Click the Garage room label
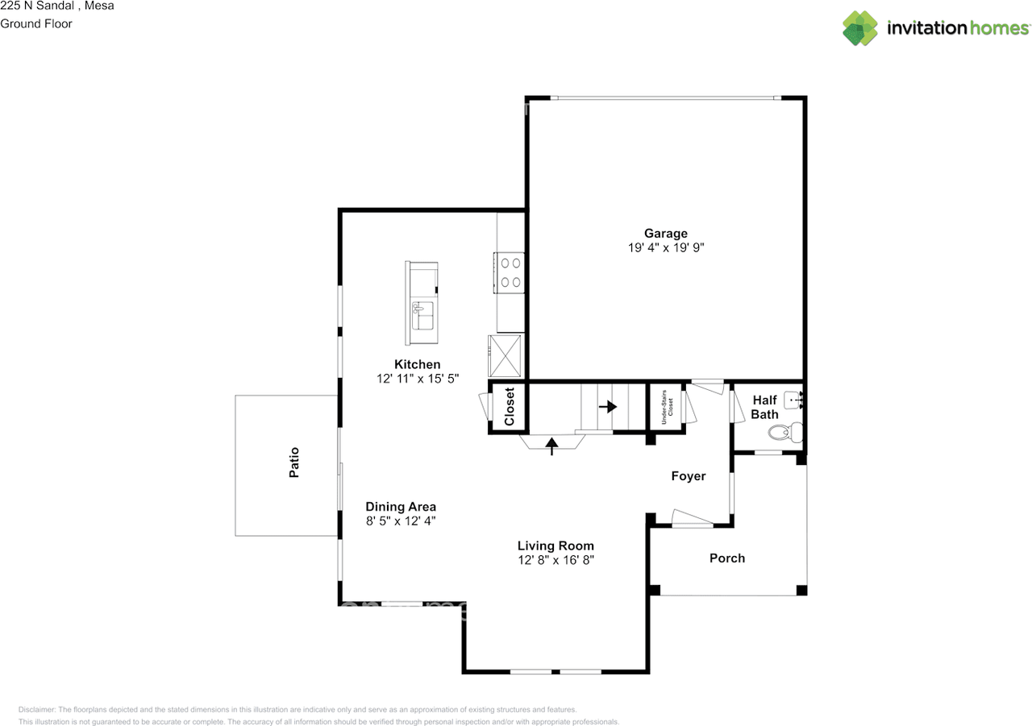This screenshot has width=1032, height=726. (665, 234)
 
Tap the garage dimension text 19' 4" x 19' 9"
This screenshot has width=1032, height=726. (666, 248)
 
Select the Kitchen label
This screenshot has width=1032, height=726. (417, 364)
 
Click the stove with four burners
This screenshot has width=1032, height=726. (510, 271)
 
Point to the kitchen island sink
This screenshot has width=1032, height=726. (422, 315)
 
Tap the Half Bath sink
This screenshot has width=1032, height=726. (793, 398)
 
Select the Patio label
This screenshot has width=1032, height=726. (294, 463)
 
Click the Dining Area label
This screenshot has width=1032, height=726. (401, 507)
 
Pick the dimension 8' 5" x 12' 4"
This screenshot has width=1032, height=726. (401, 521)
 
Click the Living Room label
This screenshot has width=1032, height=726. (556, 546)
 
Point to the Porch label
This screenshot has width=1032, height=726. (726, 558)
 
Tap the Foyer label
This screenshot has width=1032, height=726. (688, 476)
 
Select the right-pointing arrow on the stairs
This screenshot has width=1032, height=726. (607, 407)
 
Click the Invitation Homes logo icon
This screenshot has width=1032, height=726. (859, 28)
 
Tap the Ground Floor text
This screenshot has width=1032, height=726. (36, 23)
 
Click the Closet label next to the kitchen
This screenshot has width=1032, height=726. (509, 407)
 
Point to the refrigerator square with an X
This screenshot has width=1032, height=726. (507, 355)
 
